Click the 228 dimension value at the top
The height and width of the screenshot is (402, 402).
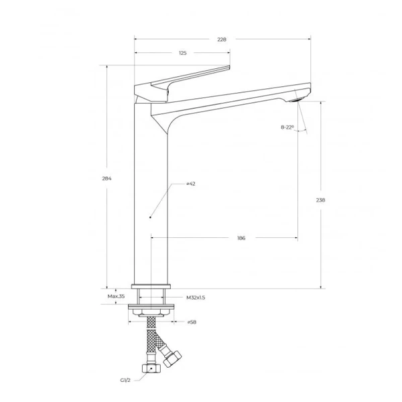click(222, 40)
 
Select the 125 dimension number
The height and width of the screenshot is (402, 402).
click(182, 53)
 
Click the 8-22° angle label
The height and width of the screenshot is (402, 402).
click(287, 127)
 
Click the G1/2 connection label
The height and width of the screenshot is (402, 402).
click(125, 380)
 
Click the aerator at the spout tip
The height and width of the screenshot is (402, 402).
click(297, 99)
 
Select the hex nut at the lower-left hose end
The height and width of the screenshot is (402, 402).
click(151, 369)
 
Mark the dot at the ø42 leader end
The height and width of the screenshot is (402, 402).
click(151, 217)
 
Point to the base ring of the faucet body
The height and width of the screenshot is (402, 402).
click(151, 284)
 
